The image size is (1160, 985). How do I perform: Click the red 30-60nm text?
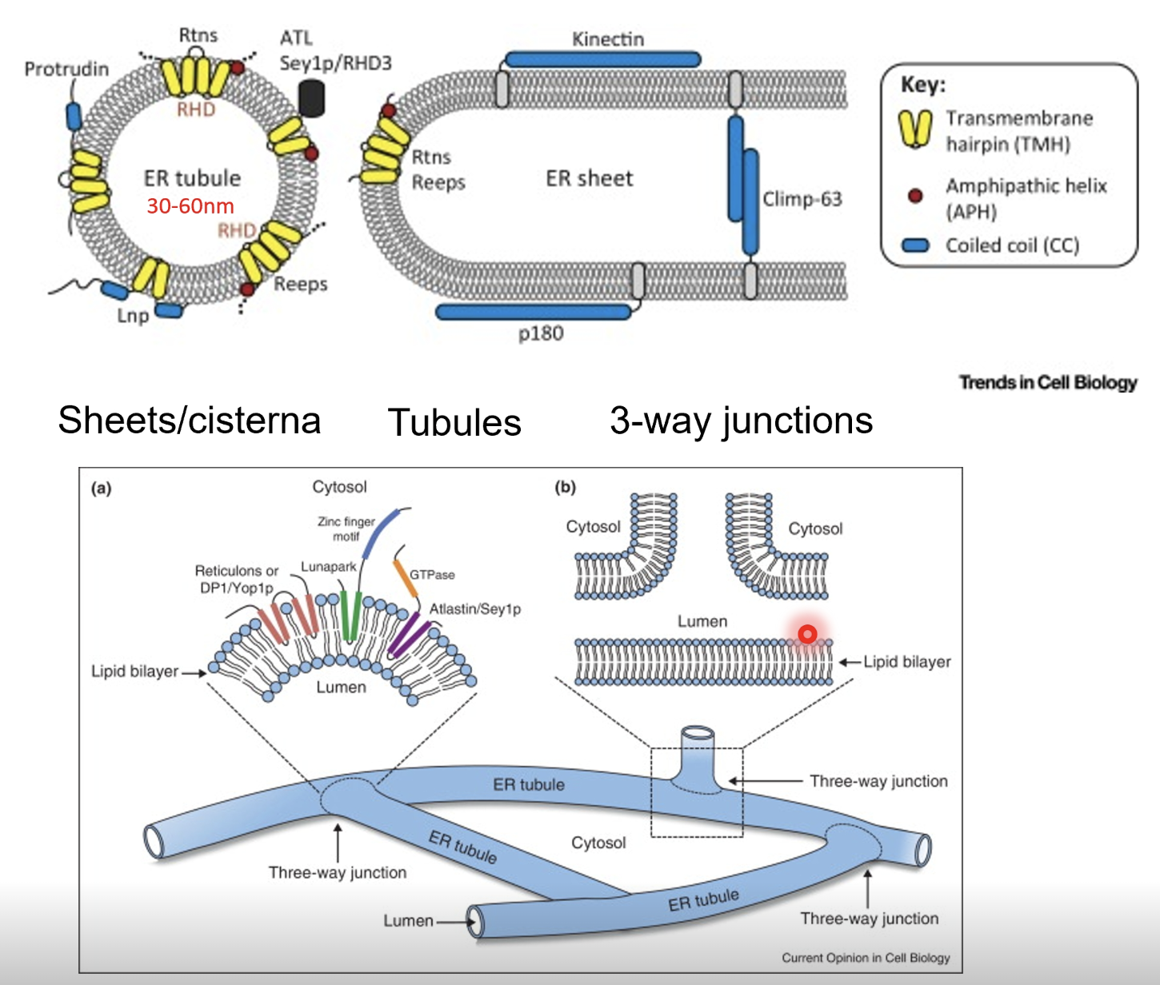coord(190,206)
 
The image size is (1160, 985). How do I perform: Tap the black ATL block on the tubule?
coord(312,98)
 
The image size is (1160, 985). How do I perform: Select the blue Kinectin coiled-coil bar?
coord(602,59)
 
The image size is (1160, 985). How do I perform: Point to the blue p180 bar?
coord(534,312)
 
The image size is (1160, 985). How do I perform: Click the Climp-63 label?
coord(802,199)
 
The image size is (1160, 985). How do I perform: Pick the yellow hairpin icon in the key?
coord(915,129)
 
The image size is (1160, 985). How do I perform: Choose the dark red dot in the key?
coord(915,195)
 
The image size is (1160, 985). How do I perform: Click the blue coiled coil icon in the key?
coord(915,245)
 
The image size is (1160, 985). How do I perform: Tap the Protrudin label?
coord(66,69)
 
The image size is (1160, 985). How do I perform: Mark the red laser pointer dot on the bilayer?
coord(807,634)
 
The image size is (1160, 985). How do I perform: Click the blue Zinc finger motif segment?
coord(380,533)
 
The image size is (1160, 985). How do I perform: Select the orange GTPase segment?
coord(406,577)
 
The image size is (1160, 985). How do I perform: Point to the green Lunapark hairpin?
coord(350,616)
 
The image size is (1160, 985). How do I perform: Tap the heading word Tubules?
coord(454,422)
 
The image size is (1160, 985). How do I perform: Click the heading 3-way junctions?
coord(741,421)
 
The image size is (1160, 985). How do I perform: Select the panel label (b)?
coord(565,487)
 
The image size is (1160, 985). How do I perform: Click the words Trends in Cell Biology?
coord(1048,383)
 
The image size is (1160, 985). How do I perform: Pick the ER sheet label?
coord(589,178)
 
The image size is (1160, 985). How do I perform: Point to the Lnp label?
coord(133,316)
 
